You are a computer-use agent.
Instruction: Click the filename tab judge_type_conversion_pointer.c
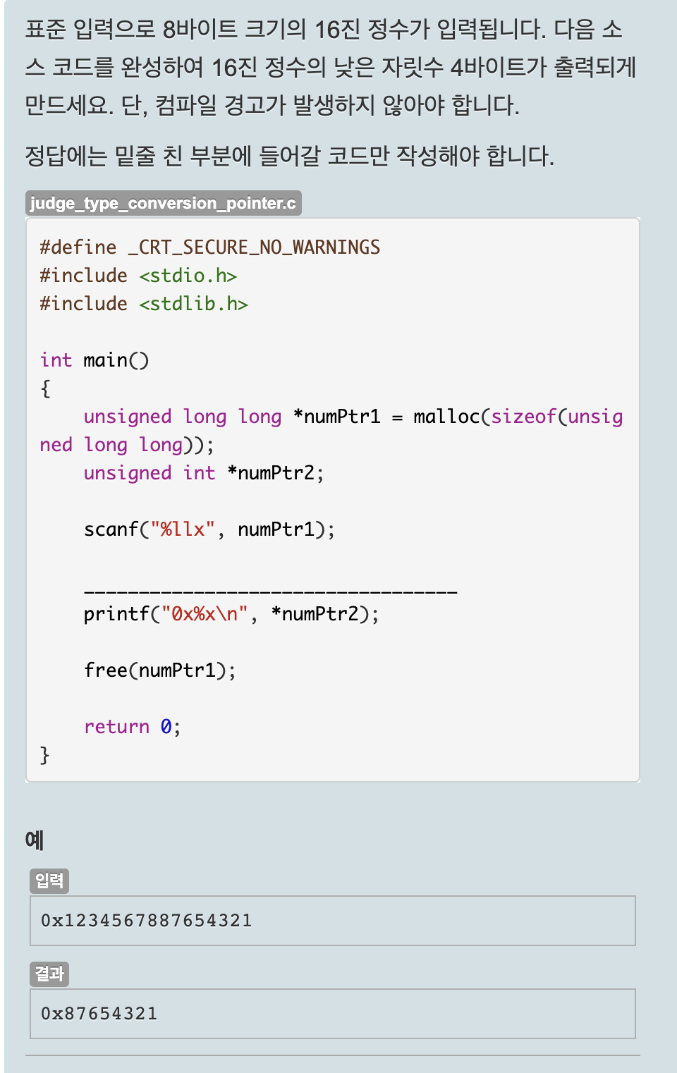coord(163,203)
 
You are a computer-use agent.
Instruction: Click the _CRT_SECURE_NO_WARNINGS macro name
coord(254,247)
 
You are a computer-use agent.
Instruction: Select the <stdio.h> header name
coord(188,276)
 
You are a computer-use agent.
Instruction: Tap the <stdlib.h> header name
coord(193,304)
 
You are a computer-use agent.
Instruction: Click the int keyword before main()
coord(56,360)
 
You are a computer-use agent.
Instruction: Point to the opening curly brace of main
coord(46,388)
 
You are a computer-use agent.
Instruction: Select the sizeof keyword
coord(523,417)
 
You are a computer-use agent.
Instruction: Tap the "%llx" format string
coord(182,529)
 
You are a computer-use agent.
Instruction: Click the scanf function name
coord(111,529)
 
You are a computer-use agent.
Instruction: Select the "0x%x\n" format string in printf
coord(205,614)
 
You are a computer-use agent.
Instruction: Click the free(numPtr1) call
coord(159,670)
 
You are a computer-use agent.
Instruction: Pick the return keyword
coord(116,727)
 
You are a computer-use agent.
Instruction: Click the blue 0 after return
coord(166,727)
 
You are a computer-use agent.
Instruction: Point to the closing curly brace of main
coord(45,755)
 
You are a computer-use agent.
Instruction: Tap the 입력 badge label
coord(49,881)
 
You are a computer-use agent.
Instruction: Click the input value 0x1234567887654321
coord(146,921)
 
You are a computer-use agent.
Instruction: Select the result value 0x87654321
coord(99,1014)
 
